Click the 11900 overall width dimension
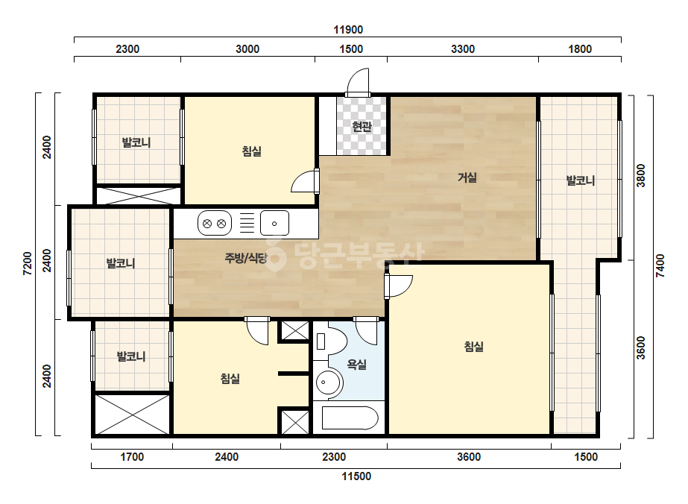pyautogui.click(x=348, y=29)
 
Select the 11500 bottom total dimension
pyautogui.click(x=356, y=476)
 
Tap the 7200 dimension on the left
pyautogui.click(x=28, y=263)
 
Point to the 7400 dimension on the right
pyautogui.click(x=660, y=265)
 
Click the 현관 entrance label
pyautogui.click(x=362, y=127)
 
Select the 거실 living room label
pyautogui.click(x=467, y=177)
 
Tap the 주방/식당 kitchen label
pyautogui.click(x=246, y=258)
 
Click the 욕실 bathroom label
pyautogui.click(x=357, y=364)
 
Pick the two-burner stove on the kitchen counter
pyautogui.click(x=215, y=224)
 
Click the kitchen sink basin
pyautogui.click(x=274, y=224)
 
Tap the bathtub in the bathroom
pyautogui.click(x=350, y=418)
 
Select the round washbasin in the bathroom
pyautogui.click(x=329, y=382)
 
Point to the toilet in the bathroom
pyautogui.click(x=330, y=341)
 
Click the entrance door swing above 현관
pyautogui.click(x=358, y=82)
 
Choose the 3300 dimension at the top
pyautogui.click(x=463, y=48)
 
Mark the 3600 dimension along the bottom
pyautogui.click(x=469, y=457)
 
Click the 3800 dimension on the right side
pyautogui.click(x=641, y=175)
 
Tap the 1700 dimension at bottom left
pyautogui.click(x=132, y=457)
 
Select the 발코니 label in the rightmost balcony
pyautogui.click(x=581, y=180)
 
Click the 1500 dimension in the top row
pyautogui.click(x=351, y=48)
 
